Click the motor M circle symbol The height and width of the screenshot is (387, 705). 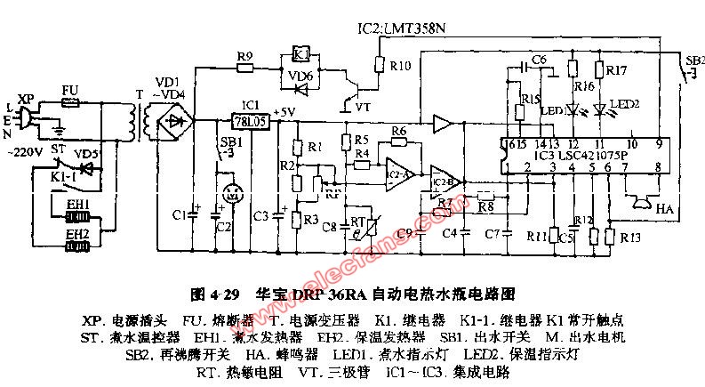click(232, 191)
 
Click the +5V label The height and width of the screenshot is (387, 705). click(284, 110)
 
